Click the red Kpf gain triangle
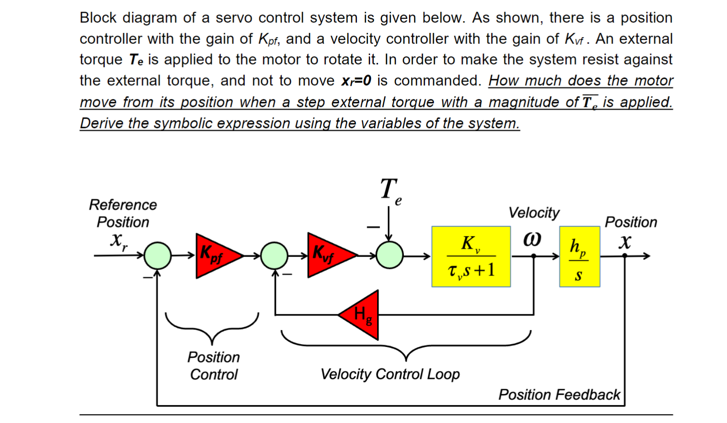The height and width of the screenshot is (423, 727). point(215,256)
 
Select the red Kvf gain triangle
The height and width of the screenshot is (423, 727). point(327,255)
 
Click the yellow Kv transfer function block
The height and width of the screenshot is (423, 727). point(471,257)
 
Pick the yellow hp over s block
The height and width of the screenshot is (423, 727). point(579,257)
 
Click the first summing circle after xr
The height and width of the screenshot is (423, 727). point(158,256)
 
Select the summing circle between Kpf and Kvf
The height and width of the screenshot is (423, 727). point(274,256)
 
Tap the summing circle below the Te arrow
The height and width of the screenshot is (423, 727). point(389,256)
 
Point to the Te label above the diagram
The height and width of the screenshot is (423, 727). point(390,191)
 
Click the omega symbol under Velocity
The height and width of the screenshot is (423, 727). point(532,239)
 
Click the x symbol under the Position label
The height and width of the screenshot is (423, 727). point(625,242)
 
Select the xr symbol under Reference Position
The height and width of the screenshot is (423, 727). point(118,240)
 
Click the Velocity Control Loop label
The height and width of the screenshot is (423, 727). point(390,374)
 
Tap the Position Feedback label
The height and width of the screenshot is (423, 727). point(559,395)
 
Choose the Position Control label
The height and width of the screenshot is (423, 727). point(214,366)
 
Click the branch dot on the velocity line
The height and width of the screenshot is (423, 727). point(534,256)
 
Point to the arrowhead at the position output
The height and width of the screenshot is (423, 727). point(647,256)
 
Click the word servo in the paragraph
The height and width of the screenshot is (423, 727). point(235,18)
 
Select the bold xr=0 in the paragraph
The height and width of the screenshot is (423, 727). point(356,81)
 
